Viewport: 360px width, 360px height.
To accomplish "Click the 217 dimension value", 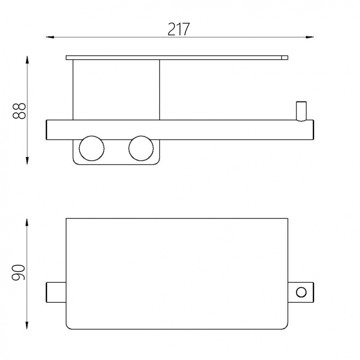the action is click(x=179, y=30).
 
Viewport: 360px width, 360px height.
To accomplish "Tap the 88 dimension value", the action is click(x=19, y=111).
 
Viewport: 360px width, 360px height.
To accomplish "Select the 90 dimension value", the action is click(x=18, y=273).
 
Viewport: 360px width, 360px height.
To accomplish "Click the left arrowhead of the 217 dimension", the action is click(x=50, y=37).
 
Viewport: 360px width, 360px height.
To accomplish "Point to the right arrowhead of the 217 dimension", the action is click(x=310, y=37).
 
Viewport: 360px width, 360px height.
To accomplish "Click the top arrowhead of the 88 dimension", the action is click(x=27, y=60).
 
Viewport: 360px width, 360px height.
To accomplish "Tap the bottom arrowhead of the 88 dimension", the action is click(x=27, y=161).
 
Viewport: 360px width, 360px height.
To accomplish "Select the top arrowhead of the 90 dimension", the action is click(x=27, y=222).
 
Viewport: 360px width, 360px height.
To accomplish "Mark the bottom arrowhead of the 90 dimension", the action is click(x=27, y=325).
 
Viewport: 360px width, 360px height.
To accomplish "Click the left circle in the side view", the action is click(x=91, y=148).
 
